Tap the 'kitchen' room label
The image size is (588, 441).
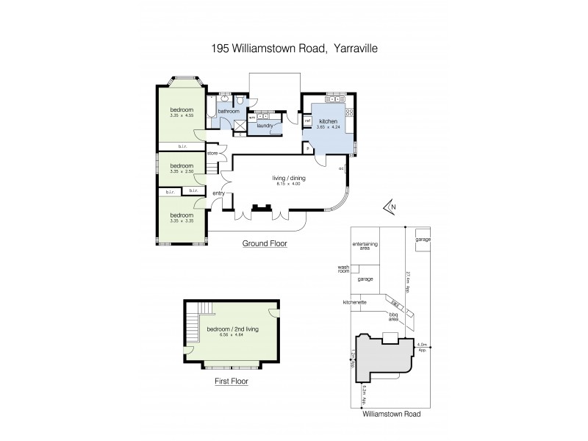tap(328, 121)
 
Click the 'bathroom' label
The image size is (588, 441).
tap(229, 112)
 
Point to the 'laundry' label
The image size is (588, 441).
tap(265, 126)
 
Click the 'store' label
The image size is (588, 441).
tap(212, 154)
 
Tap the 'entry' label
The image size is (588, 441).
tap(218, 193)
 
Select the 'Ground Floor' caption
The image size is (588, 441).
tap(265, 243)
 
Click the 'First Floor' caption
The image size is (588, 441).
tap(232, 381)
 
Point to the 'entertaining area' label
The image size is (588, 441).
tap(365, 246)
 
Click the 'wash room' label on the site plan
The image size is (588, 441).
tap(343, 269)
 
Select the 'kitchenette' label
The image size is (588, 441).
tap(354, 302)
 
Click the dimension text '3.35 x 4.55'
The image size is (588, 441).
tap(181, 115)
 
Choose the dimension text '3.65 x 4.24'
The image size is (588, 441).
tap(328, 126)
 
